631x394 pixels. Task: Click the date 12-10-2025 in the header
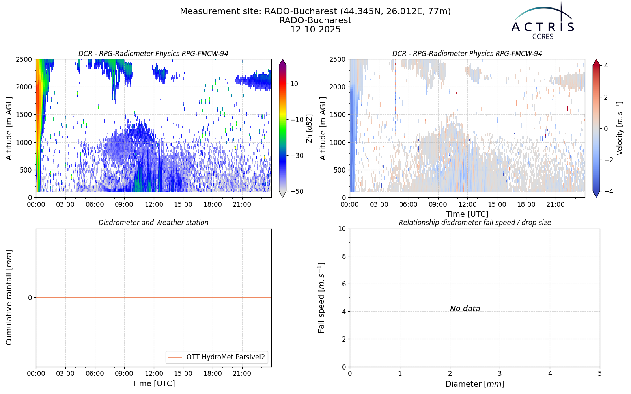click(x=315, y=30)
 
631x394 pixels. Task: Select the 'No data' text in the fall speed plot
click(x=465, y=309)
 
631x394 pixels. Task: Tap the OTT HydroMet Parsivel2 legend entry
click(x=217, y=357)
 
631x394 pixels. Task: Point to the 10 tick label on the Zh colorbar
click(x=294, y=84)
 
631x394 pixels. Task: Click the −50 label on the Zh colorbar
click(x=297, y=191)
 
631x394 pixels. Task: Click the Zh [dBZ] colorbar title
click(x=309, y=128)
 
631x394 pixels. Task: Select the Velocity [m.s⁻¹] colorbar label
click(x=619, y=128)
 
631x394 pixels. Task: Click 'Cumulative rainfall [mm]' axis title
click(x=9, y=297)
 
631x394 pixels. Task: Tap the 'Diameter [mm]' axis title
click(x=475, y=384)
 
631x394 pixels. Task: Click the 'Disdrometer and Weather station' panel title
click(x=153, y=223)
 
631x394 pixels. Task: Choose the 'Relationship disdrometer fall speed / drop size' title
click(x=475, y=223)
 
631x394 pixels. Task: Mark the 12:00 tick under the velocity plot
click(x=467, y=204)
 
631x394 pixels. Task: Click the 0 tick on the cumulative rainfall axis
click(x=30, y=298)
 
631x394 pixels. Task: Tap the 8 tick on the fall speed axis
click(x=344, y=256)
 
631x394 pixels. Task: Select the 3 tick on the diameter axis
click(x=500, y=374)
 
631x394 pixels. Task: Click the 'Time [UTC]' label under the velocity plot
click(x=467, y=214)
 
